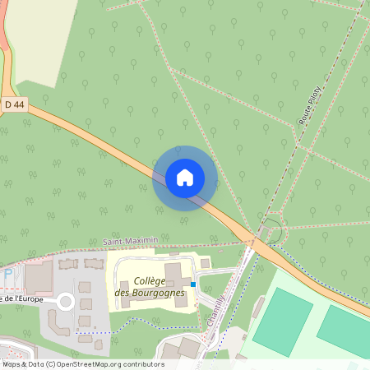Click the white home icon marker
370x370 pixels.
click(x=185, y=178)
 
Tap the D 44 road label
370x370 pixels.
click(x=14, y=104)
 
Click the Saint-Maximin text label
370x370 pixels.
click(x=129, y=241)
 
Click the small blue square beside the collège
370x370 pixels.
click(x=193, y=284)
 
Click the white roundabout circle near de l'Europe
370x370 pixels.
click(x=65, y=303)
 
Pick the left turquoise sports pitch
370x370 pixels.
click(x=282, y=321)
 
